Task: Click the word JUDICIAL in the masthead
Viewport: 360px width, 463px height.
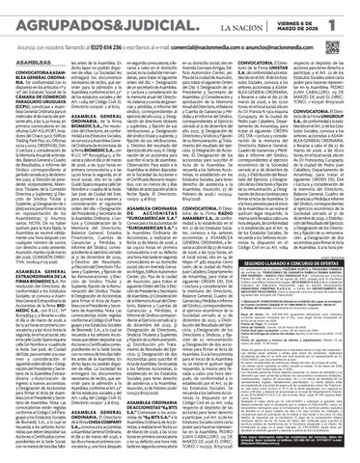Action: coord(142,14)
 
